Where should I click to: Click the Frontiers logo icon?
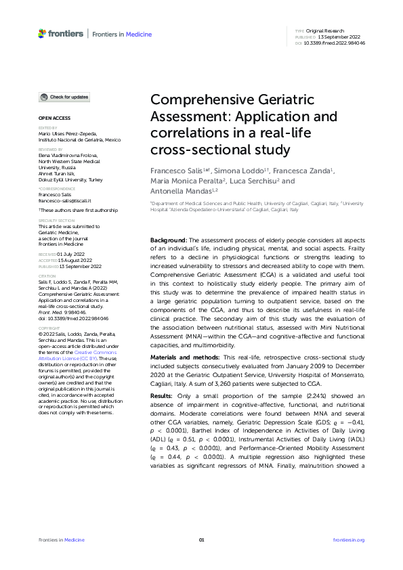point(43,33)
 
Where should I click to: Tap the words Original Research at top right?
point(326,31)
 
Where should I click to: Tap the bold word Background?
point(168,222)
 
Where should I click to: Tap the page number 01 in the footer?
point(201,540)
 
